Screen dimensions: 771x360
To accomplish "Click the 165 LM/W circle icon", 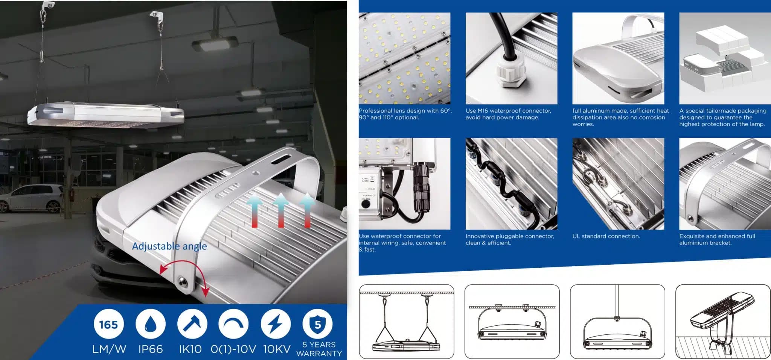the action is [x=108, y=324].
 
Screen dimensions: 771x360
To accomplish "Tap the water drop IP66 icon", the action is [x=150, y=324].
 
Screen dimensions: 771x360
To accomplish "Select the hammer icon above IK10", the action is [x=192, y=324].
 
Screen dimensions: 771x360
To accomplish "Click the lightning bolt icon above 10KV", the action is [x=276, y=324].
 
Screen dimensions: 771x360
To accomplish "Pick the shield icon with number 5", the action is [x=317, y=324].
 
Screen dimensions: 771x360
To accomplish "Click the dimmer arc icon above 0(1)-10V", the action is [x=233, y=324].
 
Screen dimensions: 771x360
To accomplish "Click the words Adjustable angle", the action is [x=169, y=246].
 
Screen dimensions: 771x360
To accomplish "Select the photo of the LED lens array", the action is [x=404, y=58].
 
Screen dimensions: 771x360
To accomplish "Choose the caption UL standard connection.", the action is [x=606, y=236].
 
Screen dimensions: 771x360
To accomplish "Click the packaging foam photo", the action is [x=725, y=58].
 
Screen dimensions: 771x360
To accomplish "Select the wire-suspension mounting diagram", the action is [x=407, y=322].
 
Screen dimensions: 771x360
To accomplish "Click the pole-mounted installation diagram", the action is [x=723, y=322].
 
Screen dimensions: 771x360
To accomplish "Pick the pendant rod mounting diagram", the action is [x=617, y=322].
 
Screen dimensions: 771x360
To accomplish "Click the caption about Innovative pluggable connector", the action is [x=510, y=239].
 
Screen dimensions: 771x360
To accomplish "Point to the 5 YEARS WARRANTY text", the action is [x=319, y=349].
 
